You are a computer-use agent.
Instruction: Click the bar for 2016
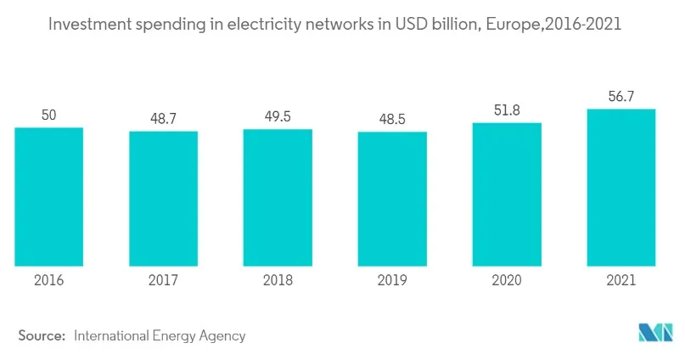[x=48, y=196]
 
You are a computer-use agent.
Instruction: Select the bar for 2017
[x=163, y=198]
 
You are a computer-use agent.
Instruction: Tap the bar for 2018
[x=278, y=197]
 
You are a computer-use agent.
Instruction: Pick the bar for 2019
[x=392, y=199]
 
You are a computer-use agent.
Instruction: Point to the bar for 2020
[x=507, y=194]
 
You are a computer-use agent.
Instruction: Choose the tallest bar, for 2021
[x=621, y=187]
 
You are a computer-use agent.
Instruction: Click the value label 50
[x=48, y=114]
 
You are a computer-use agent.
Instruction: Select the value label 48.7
[x=163, y=118]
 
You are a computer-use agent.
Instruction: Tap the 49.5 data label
[x=278, y=116]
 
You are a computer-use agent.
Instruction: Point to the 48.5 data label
[x=392, y=119]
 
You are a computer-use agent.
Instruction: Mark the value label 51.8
[x=507, y=110]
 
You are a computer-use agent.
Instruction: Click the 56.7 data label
[x=621, y=96]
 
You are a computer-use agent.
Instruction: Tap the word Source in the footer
[x=42, y=335]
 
